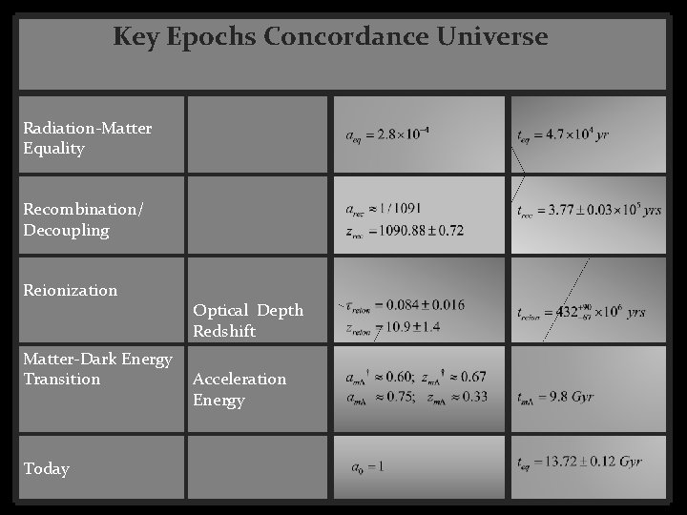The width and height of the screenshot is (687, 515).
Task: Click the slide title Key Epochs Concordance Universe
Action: pos(330,37)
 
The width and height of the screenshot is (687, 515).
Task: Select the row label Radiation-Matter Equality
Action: pos(88,137)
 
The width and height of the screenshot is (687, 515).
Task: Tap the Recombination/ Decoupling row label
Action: pos(84,219)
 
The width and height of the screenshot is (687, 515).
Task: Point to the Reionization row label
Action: pos(71,290)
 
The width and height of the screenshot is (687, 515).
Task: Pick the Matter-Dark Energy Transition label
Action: pos(98,368)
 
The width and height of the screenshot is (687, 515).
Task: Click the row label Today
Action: pos(47,468)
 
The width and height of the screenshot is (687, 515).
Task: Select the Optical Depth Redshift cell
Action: pos(248,320)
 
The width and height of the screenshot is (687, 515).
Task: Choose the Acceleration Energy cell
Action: pos(239,389)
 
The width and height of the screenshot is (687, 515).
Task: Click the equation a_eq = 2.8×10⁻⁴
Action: pos(387,134)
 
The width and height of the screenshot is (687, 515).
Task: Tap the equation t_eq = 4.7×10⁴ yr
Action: pos(562,134)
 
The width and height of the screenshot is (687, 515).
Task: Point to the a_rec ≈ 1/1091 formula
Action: pos(384,208)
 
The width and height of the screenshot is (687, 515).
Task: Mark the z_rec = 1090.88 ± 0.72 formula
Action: pos(405,230)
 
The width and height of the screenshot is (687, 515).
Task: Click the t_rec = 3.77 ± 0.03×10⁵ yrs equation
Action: pos(588,210)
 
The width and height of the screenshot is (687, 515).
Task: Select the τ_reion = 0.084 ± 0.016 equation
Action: pos(406,305)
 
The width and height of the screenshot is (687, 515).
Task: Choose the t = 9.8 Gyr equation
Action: pos(556,397)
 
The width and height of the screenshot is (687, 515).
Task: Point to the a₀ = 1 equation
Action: pos(368,467)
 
